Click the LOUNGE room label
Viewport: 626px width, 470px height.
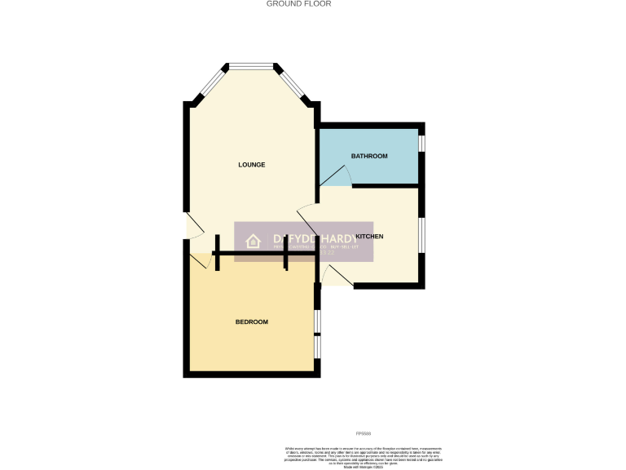[x=251, y=165]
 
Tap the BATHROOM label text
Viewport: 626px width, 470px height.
[x=369, y=156]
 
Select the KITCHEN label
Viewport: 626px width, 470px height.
[x=369, y=237]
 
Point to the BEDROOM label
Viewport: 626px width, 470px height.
[x=251, y=322]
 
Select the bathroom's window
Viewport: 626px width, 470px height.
[x=421, y=143]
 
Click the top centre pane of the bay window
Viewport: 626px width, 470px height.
[x=251, y=65]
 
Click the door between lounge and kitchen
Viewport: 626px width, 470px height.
[x=308, y=216]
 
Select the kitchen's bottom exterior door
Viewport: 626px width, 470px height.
[x=336, y=279]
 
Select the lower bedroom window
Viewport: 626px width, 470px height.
[x=317, y=347]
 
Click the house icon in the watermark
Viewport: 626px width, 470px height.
[x=253, y=241]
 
